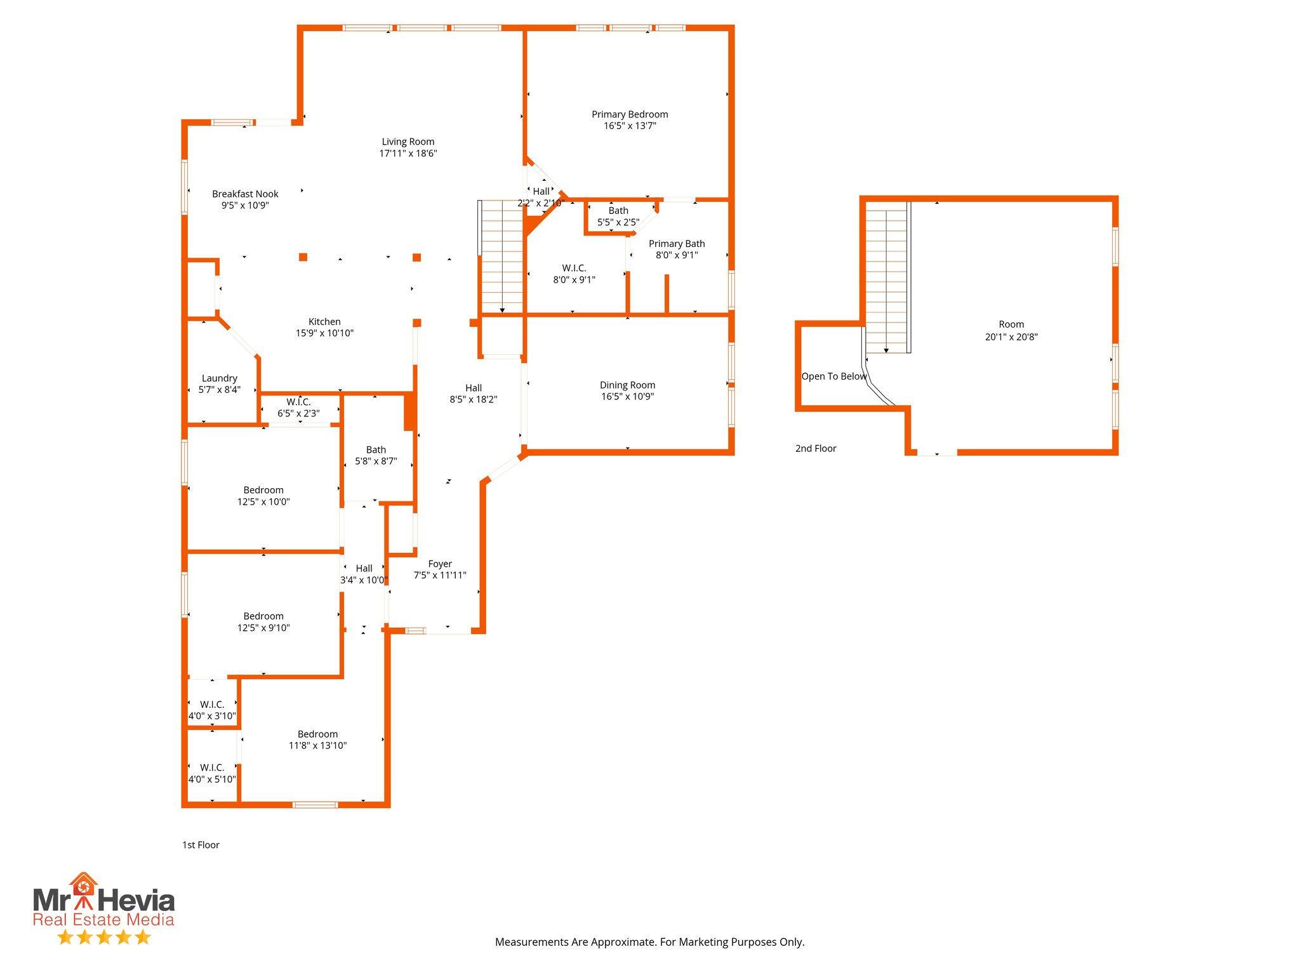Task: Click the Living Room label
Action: pos(408,142)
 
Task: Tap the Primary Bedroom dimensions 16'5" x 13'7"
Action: pos(630,126)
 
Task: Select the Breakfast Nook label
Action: pos(245,194)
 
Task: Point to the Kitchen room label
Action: pos(324,322)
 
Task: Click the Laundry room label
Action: pos(219,378)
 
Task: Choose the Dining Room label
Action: pos(627,385)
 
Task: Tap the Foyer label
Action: pos(440,564)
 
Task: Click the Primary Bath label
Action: pos(677,244)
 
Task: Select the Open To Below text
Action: pos(833,376)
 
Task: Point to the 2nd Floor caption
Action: pos(816,448)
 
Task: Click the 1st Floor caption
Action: pos(201,845)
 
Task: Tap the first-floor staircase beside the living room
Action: pos(502,257)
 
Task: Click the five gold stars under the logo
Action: pos(104,937)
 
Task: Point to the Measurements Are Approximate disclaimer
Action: pos(649,942)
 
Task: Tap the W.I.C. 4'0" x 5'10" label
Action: pos(212,773)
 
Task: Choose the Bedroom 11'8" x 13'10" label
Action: pos(317,740)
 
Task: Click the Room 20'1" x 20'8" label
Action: pos(1011,331)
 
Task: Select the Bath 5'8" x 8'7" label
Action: pos(376,456)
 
